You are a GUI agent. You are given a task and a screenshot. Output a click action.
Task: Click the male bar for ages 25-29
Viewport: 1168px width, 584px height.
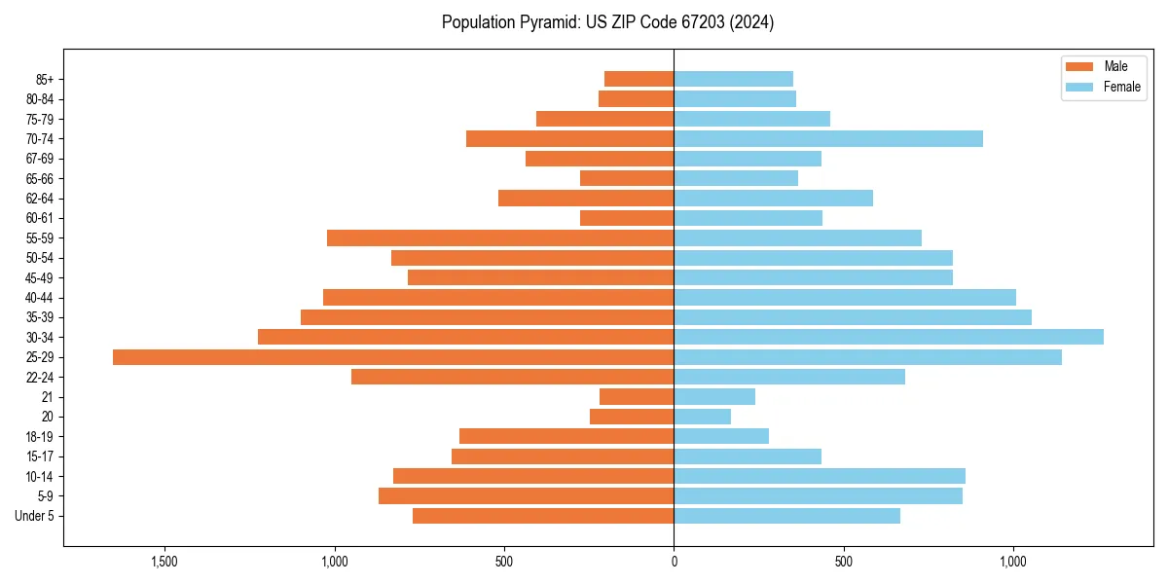click(393, 357)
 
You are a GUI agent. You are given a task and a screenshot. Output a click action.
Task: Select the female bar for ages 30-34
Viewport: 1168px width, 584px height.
click(889, 337)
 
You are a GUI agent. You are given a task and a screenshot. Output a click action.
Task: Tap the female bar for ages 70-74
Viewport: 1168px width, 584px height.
click(828, 138)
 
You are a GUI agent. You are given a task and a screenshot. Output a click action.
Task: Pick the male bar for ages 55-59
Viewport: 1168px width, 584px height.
click(500, 237)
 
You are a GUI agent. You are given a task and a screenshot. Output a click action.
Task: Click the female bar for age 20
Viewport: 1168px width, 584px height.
click(703, 417)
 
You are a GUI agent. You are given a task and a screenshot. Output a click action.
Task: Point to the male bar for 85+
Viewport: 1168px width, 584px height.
click(639, 79)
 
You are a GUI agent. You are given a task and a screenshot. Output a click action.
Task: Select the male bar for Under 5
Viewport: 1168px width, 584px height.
click(543, 516)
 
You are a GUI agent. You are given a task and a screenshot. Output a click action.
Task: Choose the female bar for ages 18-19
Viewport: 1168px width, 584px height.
click(721, 436)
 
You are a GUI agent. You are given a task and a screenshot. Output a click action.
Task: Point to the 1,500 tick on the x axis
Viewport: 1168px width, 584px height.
click(164, 562)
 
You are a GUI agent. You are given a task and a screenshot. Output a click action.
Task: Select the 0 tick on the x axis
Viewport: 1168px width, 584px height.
click(674, 562)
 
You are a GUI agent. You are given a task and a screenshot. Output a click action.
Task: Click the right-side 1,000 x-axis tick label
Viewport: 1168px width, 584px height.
click(1013, 562)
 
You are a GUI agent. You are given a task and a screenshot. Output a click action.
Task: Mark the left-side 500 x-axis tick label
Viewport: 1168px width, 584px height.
click(503, 562)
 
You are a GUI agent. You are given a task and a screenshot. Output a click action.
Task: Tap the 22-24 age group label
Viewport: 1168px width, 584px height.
click(40, 377)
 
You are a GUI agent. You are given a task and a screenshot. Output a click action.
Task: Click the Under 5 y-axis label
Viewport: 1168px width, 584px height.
click(34, 516)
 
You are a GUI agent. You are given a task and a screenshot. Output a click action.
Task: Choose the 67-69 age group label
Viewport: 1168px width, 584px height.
click(40, 159)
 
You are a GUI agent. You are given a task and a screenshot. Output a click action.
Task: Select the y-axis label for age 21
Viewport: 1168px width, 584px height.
click(47, 397)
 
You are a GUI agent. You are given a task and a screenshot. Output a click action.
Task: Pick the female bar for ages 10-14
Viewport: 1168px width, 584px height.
click(820, 476)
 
